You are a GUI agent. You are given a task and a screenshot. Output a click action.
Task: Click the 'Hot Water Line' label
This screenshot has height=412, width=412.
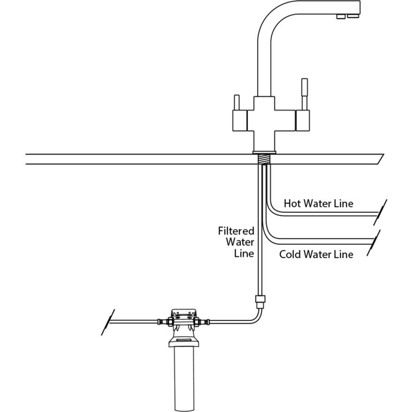(318, 203)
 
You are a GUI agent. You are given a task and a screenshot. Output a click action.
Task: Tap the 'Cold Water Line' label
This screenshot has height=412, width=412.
(316, 254)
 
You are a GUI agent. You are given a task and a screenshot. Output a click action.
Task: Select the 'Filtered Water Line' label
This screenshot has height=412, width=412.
(237, 242)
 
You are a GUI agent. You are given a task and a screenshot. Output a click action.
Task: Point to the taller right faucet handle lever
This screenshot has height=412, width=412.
(304, 93)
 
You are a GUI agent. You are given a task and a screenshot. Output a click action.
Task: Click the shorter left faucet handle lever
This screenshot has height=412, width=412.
(237, 102)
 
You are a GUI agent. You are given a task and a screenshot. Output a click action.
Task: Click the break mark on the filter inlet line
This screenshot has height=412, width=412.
(108, 322)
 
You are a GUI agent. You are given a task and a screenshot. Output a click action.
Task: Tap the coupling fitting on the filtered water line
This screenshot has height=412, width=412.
(260, 302)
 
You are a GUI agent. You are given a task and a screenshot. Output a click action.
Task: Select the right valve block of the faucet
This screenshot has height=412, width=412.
(302, 119)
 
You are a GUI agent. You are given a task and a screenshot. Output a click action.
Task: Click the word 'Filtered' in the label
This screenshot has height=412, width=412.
(236, 231)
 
